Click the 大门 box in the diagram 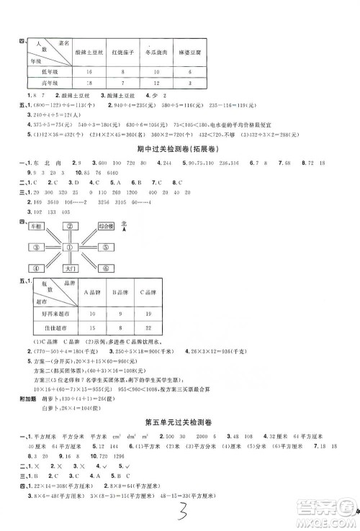[x=70, y=268]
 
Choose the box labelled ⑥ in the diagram [x=104, y=268]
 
